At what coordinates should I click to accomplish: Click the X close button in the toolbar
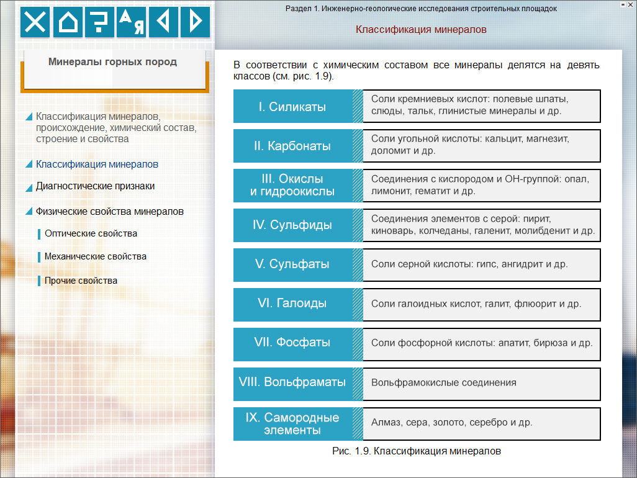tap(36, 22)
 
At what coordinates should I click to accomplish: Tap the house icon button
tap(68, 22)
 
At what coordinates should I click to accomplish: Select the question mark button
tap(99, 22)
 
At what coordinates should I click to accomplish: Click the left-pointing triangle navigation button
tap(163, 22)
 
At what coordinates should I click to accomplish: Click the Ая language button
tap(132, 22)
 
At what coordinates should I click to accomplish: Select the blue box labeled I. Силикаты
tap(292, 107)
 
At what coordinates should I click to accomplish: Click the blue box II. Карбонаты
tap(292, 147)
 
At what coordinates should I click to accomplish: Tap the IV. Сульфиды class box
tap(292, 225)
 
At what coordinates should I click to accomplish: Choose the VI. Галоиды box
tap(292, 304)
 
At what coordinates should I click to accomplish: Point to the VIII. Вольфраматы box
tap(292, 382)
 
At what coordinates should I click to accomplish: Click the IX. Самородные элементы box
tap(292, 423)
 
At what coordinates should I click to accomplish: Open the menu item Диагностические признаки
tap(95, 186)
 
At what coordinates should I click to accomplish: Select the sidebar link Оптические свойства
tap(91, 233)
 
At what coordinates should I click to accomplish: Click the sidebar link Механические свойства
tap(96, 256)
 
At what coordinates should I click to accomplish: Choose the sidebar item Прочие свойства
tap(81, 281)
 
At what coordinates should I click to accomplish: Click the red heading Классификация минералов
tap(421, 30)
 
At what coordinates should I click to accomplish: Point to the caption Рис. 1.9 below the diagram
tap(417, 451)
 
